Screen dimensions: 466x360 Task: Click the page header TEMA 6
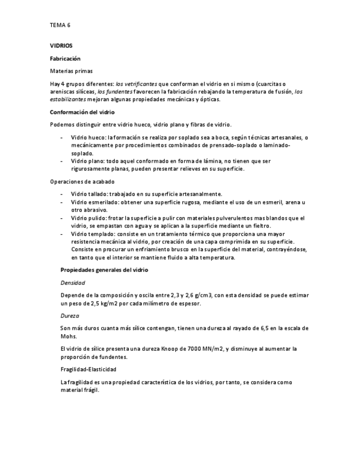[x=60, y=25]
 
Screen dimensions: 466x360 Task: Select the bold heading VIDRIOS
[x=61, y=46]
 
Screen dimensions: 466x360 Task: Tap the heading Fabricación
[x=65, y=58]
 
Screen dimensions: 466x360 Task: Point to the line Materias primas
[x=71, y=71]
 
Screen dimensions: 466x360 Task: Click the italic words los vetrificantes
[x=135, y=84]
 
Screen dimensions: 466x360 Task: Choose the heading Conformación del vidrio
[x=82, y=112]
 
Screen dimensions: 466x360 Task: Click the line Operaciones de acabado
[x=82, y=181]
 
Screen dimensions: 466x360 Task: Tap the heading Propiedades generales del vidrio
[x=104, y=270]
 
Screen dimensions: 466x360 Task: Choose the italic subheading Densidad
[x=73, y=283]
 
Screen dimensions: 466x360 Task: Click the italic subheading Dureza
[x=70, y=316]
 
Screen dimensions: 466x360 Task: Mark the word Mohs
[x=69, y=336]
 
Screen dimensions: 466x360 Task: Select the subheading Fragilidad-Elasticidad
[x=88, y=369]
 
